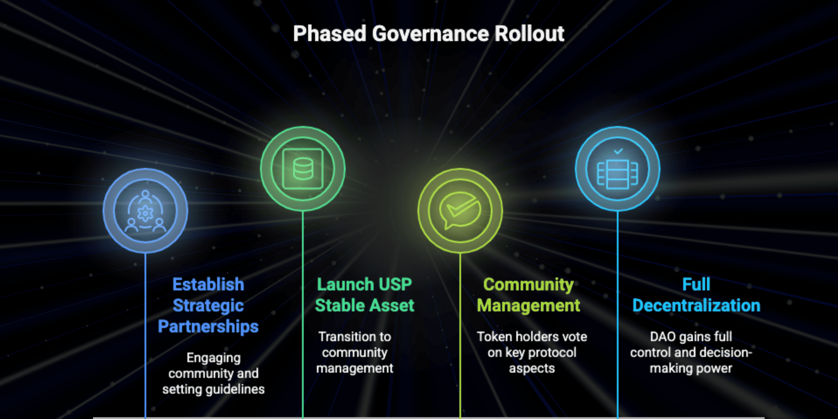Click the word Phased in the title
pos(329,34)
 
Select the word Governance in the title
pos(430,34)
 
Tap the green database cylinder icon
pos(303,168)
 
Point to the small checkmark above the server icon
pos(618,151)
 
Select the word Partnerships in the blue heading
pos(208,326)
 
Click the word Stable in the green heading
pos(337,305)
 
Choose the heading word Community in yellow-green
pos(528,285)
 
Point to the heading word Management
pos(528,305)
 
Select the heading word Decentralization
pos(696,305)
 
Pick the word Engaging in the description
pos(213,358)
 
